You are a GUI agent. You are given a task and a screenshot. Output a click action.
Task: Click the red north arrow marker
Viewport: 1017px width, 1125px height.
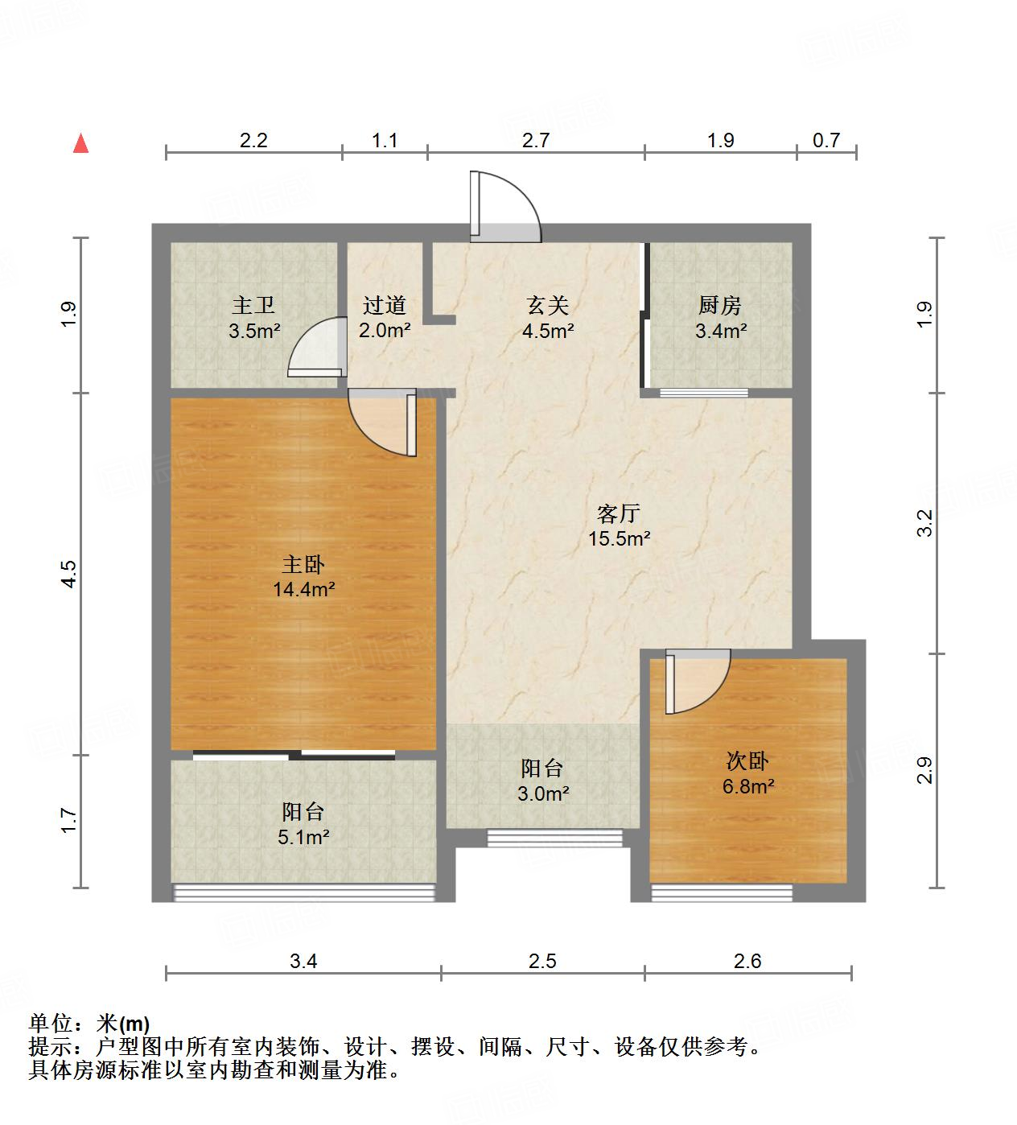(x=80, y=143)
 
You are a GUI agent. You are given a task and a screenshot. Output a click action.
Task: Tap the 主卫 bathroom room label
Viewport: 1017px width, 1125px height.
(x=253, y=306)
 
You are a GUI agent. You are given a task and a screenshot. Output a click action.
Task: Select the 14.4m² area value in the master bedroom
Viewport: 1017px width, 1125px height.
(x=303, y=589)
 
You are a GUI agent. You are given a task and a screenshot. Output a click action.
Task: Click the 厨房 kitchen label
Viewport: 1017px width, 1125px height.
(x=720, y=306)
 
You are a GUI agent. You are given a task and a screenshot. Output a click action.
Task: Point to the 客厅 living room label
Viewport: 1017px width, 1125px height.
(x=619, y=513)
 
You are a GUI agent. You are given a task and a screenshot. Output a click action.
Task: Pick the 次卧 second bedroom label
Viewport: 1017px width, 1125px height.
(x=747, y=761)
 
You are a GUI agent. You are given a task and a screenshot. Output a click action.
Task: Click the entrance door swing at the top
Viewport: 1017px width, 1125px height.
(x=505, y=208)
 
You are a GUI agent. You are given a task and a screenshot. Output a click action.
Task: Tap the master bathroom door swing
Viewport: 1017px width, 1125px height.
(x=316, y=348)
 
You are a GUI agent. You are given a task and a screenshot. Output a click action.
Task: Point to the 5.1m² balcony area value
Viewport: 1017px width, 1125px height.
(x=303, y=838)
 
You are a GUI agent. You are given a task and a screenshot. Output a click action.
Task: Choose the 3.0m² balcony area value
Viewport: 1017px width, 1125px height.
(x=543, y=794)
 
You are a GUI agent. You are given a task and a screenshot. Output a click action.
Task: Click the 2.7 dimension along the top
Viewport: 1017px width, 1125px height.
(x=536, y=141)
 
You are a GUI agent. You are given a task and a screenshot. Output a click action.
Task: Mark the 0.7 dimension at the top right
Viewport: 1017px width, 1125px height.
(x=826, y=141)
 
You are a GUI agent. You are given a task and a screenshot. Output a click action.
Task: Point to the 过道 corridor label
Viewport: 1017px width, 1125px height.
(x=385, y=306)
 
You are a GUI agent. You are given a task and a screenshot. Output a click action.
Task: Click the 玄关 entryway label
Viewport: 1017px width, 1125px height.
(x=548, y=306)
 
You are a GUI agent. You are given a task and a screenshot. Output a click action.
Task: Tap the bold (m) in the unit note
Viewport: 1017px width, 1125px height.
(x=134, y=1024)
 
